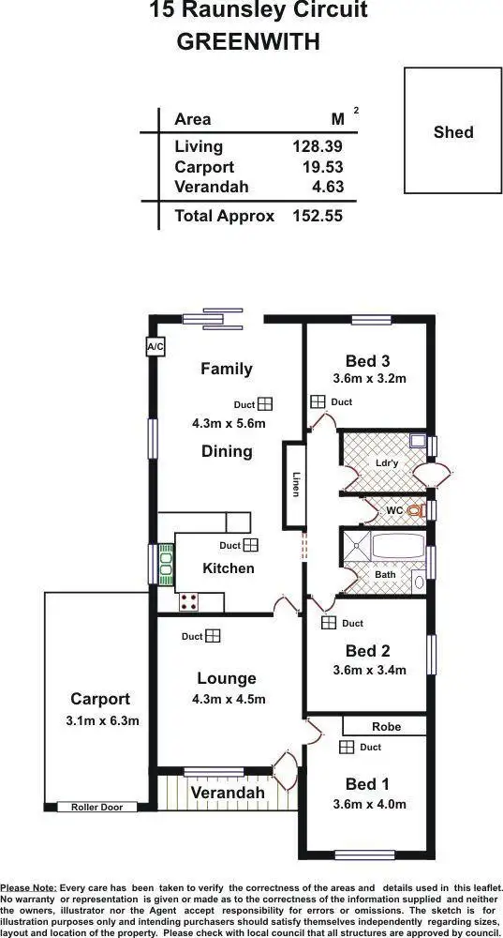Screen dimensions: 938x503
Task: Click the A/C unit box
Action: coord(155,347)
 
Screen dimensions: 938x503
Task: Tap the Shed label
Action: coord(453,132)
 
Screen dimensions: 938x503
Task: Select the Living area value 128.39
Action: coord(317,146)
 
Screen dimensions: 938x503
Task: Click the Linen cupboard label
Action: coord(296,483)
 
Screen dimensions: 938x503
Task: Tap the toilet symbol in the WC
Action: coord(418,510)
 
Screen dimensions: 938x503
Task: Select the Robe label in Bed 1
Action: coord(386,726)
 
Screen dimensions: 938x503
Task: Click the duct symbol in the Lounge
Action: coord(214,636)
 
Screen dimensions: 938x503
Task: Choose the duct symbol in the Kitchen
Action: coord(250,545)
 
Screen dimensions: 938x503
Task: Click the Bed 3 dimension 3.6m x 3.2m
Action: coord(369,379)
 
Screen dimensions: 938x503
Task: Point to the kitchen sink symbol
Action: coord(166,564)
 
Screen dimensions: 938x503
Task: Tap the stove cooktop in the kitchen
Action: coord(188,601)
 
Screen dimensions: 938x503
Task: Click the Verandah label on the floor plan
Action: coord(228,793)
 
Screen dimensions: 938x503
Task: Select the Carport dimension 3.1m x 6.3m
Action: coord(103,720)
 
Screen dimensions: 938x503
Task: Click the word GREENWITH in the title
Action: coord(248,41)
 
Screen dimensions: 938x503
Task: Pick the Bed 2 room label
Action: coord(367,651)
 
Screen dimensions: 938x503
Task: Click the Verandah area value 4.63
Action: coord(327,187)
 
